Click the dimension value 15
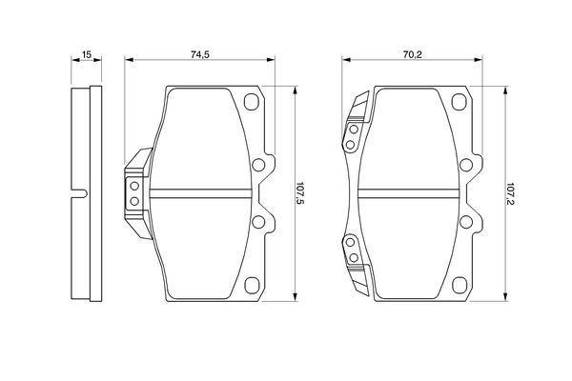[87, 54]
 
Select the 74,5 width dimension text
[200, 54]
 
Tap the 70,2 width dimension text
[412, 54]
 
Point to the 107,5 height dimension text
[300, 193]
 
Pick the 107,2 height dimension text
[510, 193]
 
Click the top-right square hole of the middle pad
[252, 102]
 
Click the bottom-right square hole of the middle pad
[252, 286]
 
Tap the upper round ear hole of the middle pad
[258, 165]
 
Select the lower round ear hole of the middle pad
[258, 222]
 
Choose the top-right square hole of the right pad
[460, 102]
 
